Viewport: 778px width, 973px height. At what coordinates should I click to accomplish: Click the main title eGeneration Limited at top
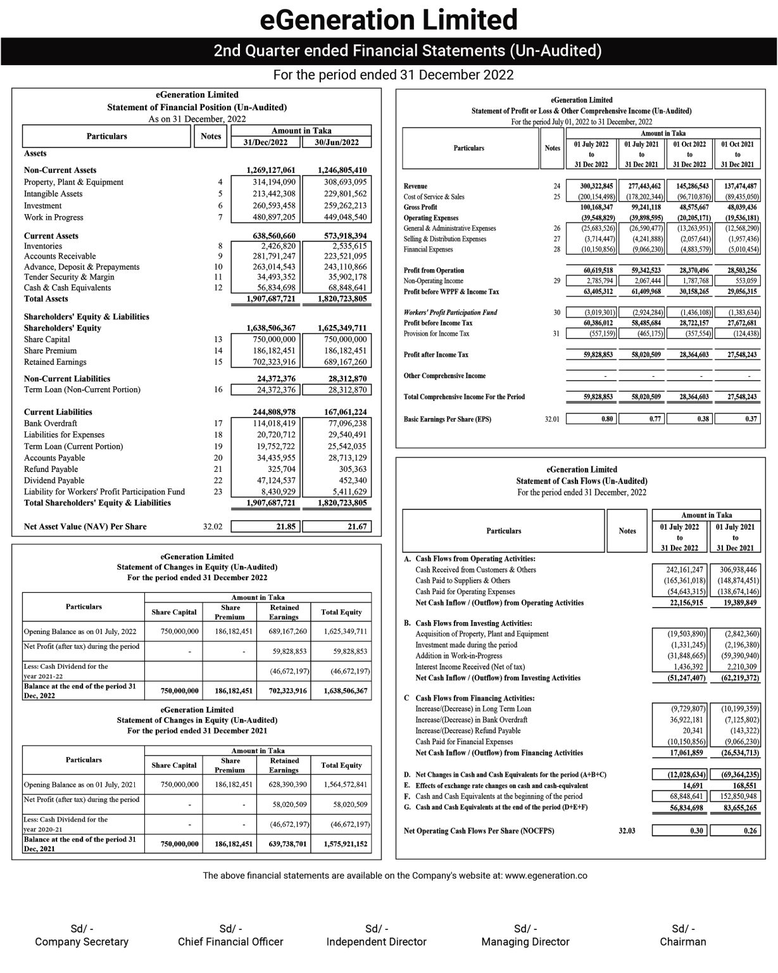pos(389,20)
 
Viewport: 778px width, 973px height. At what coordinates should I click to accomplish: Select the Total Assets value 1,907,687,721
pos(270,298)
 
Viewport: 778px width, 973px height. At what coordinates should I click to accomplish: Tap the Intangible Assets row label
pos(53,194)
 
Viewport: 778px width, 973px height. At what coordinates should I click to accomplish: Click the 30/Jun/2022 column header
pos(337,143)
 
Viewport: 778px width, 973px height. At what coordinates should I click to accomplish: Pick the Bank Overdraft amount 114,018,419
pos(270,423)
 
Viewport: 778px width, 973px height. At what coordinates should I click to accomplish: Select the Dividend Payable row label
pos(54,480)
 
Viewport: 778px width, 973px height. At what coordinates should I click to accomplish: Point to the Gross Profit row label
pos(420,207)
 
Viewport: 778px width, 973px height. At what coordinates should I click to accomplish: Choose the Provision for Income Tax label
pos(436,334)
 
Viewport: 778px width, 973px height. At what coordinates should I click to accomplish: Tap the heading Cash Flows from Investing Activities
pos(474,623)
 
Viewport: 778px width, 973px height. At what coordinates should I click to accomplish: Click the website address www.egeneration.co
pos(546,876)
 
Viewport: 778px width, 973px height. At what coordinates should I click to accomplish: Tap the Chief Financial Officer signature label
pos(230,942)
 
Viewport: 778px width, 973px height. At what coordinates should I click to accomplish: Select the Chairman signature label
pos(682,942)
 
